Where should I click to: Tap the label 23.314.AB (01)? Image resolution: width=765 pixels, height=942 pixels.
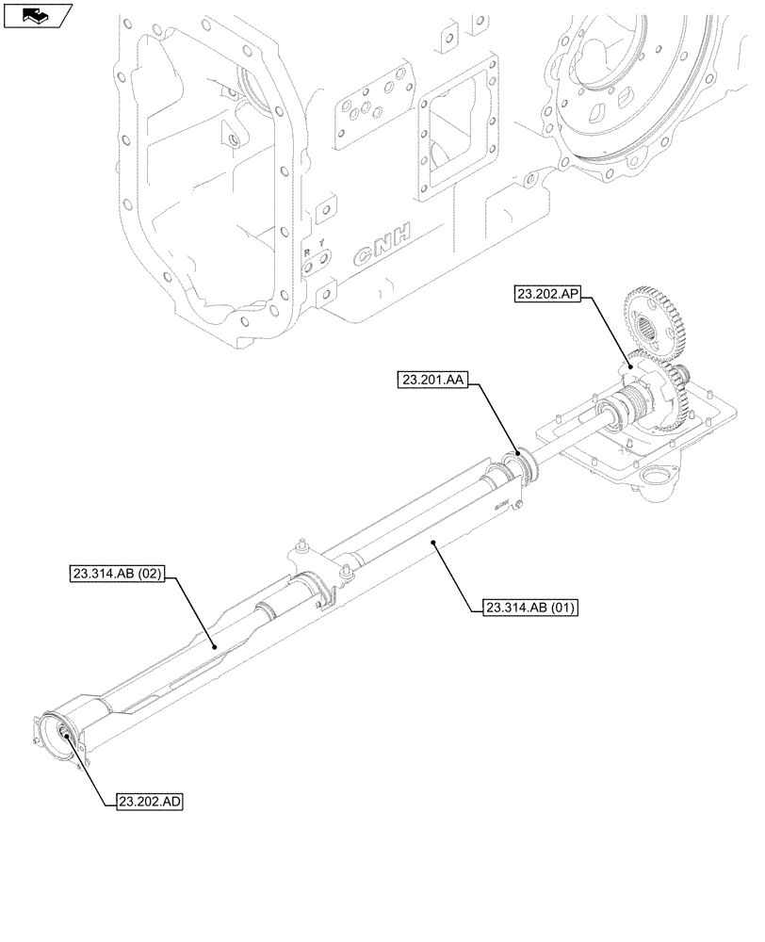(529, 609)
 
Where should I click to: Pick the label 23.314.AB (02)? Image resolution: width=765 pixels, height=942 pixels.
(117, 573)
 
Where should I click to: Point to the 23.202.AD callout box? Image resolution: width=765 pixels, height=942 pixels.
(150, 802)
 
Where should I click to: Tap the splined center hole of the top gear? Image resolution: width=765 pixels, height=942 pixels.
(647, 331)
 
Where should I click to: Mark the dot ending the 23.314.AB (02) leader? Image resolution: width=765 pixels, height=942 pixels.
(215, 646)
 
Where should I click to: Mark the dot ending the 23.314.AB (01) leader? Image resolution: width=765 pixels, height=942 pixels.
(432, 542)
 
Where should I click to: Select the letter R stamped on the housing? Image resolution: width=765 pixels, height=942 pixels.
(306, 252)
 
